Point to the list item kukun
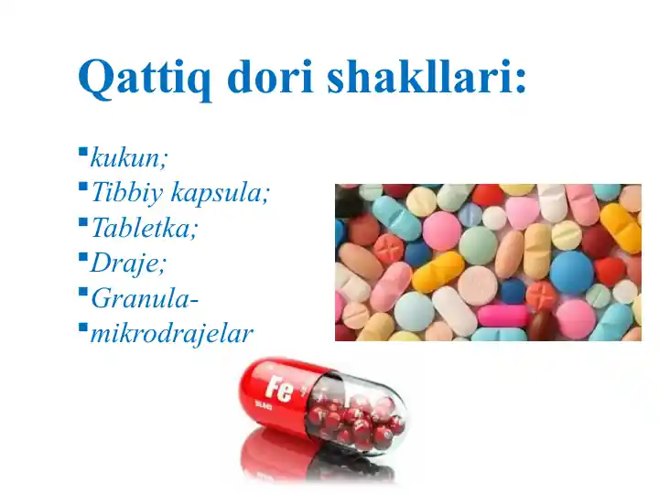[129, 157]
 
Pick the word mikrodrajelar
[171, 333]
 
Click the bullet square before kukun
[82, 151]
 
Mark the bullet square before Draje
[82, 256]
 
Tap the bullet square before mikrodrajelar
[82, 327]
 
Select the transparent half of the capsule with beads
[362, 416]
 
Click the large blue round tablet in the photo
[572, 271]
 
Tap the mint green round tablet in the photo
[478, 245]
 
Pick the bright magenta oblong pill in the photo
[502, 316]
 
